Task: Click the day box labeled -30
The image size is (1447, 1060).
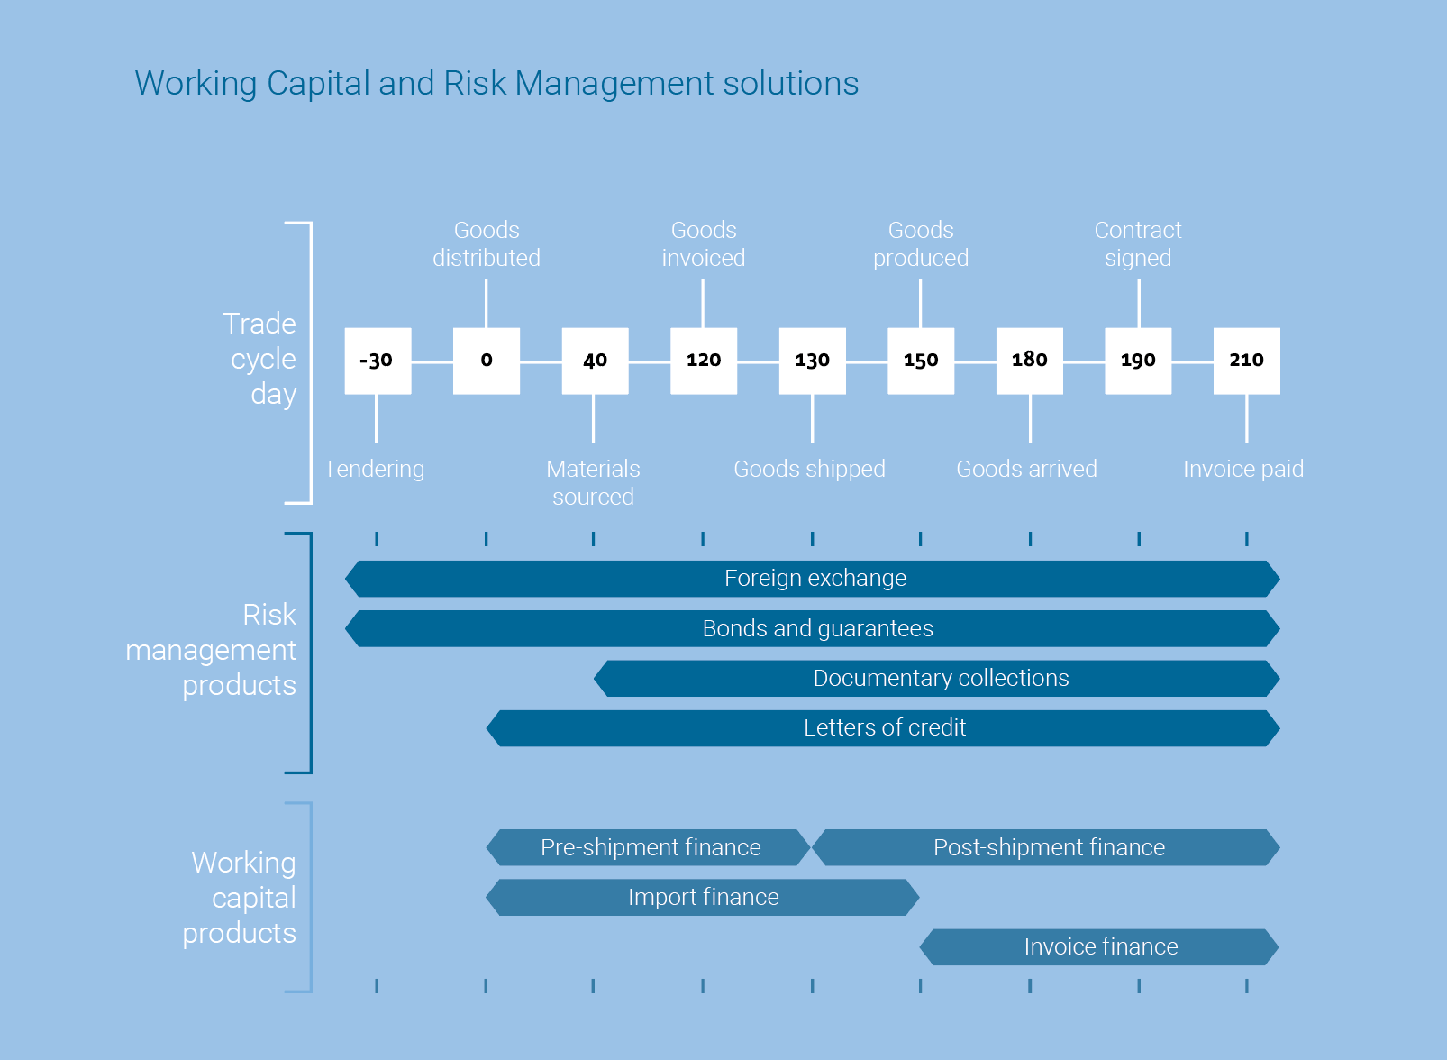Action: tap(378, 361)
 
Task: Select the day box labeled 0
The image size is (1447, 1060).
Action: tap(487, 361)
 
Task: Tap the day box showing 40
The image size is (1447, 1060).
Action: tap(595, 361)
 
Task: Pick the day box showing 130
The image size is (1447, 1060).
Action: tap(812, 361)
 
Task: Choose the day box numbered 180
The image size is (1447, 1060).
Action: tap(1030, 361)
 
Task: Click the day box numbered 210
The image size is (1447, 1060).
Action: tap(1247, 361)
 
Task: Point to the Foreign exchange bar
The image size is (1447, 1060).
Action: tap(813, 579)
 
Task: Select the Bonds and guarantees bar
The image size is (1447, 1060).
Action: tap(813, 628)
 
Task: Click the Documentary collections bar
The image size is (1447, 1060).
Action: tap(937, 678)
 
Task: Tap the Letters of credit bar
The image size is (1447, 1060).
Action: tap(883, 728)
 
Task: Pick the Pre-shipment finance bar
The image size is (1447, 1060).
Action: tap(648, 847)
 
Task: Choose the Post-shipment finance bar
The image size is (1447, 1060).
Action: tap(1046, 847)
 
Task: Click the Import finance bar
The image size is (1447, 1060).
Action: tap(702, 897)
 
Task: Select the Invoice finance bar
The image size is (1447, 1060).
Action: tap(1099, 947)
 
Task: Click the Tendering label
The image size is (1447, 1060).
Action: tap(374, 470)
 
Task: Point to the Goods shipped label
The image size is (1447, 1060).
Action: tap(809, 470)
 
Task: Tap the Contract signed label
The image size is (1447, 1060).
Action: tap(1138, 243)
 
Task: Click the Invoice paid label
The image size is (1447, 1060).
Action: tap(1243, 469)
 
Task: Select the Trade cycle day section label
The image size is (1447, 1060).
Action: tap(259, 359)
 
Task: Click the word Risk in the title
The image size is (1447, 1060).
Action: tap(475, 83)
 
